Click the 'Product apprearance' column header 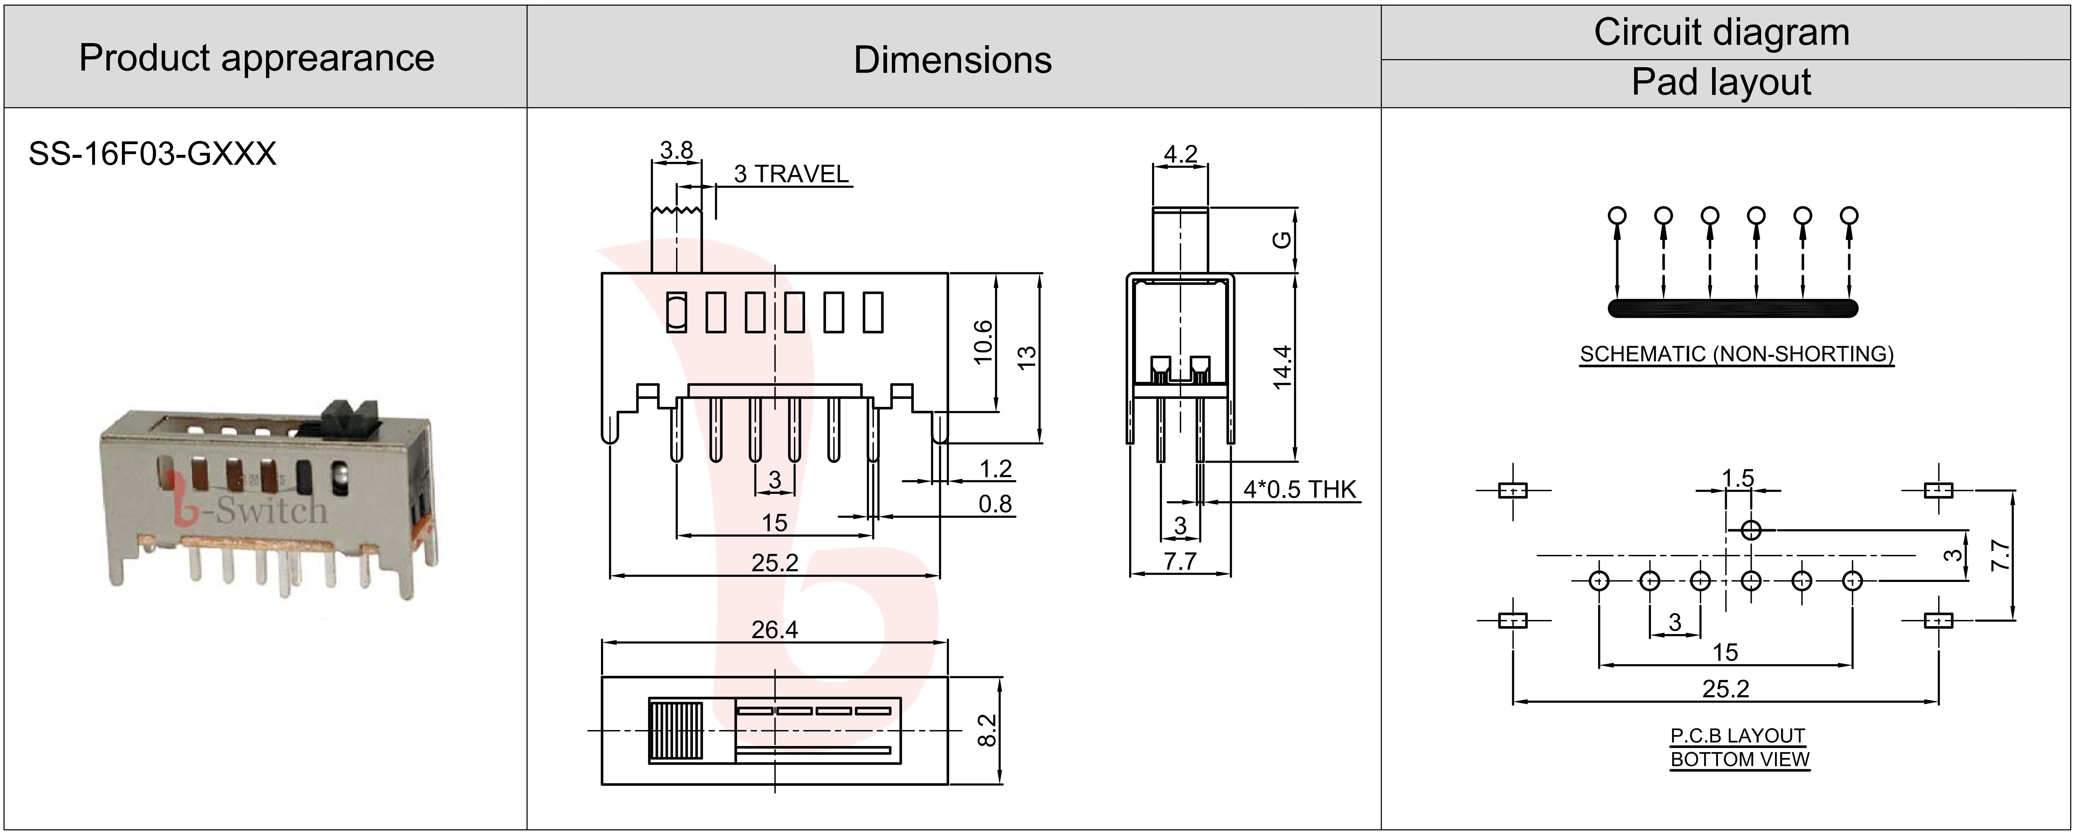point(257,58)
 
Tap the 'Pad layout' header point(1720,82)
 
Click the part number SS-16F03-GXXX point(152,153)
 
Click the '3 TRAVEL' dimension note point(791,174)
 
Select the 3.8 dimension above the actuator point(676,150)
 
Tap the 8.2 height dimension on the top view point(987,730)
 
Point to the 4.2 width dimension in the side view point(1180,153)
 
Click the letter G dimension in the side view point(1281,239)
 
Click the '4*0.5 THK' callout point(1299,490)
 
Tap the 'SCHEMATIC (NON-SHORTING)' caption point(1736,354)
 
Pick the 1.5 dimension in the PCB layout point(1738,478)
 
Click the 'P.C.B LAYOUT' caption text point(1738,736)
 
